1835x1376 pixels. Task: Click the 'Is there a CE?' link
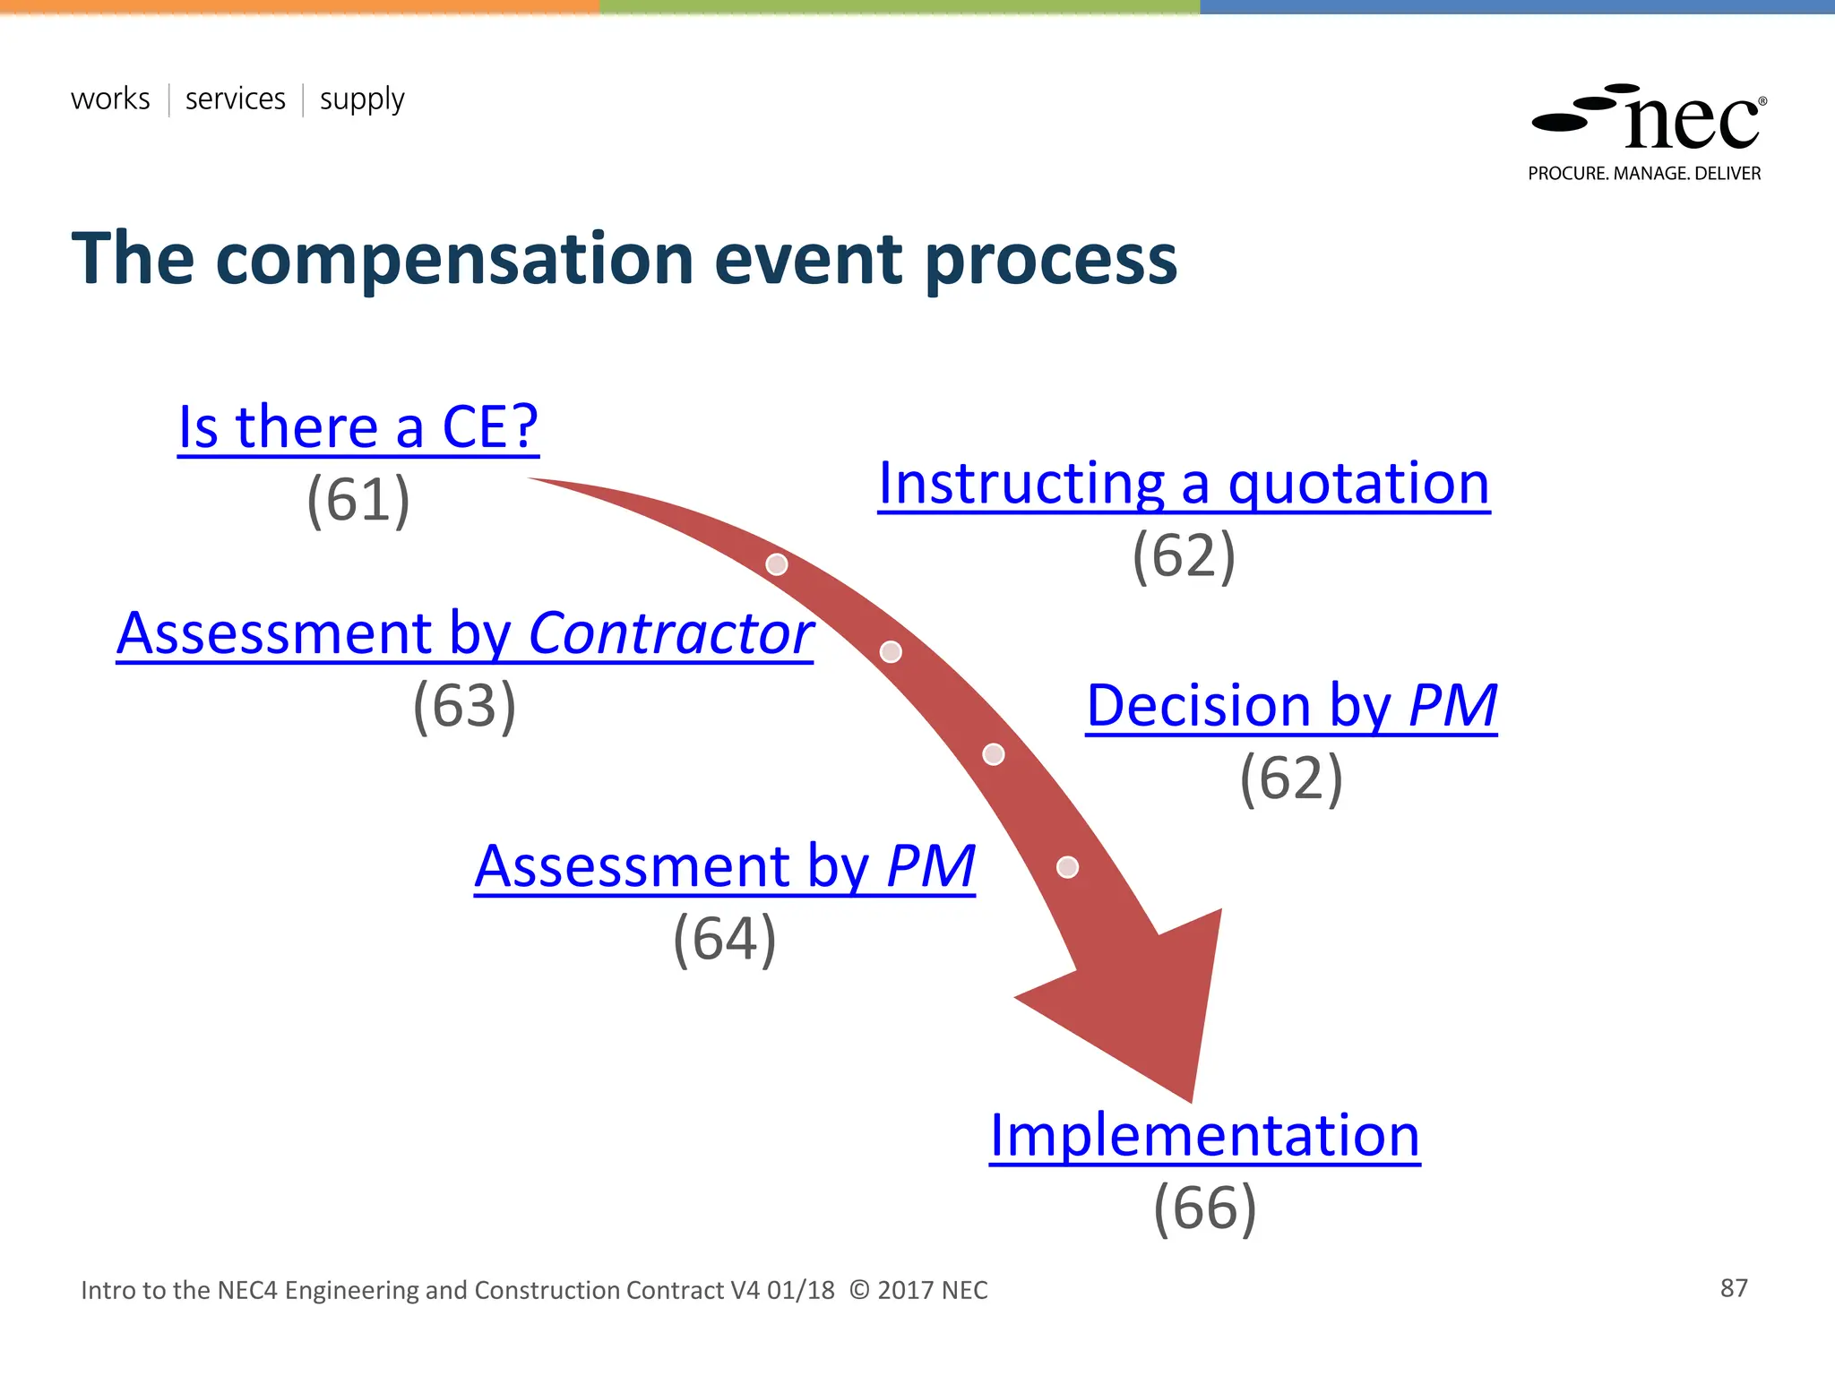pos(358,427)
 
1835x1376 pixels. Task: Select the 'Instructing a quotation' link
pos(1184,484)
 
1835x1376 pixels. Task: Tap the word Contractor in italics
pos(670,634)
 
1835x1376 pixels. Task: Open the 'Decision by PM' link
pos(1291,706)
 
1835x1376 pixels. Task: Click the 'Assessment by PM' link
pos(724,867)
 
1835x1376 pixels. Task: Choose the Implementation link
pos(1204,1136)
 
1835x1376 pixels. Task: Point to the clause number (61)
pos(358,500)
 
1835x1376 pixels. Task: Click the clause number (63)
pos(464,706)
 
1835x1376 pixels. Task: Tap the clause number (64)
pos(724,939)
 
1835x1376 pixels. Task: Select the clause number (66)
pos(1204,1208)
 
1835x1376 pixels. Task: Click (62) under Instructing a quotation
pos(1184,556)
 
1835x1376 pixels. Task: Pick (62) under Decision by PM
pos(1291,778)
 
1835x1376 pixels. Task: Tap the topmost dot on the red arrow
pos(777,564)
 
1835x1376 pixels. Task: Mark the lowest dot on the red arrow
pos(1067,867)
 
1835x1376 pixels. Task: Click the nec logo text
pos(1692,124)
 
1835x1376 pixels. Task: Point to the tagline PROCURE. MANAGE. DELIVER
pos(1644,174)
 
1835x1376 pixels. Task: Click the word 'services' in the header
pos(235,99)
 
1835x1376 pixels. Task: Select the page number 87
pos(1734,1288)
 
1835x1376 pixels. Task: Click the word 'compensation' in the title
pos(455,260)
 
